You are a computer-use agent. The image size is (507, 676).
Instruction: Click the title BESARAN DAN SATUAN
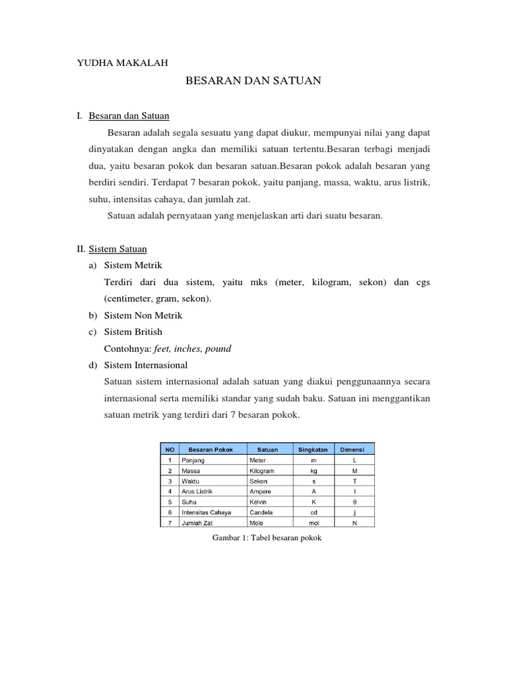pyautogui.click(x=253, y=81)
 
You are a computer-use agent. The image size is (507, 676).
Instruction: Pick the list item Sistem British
pyautogui.click(x=133, y=331)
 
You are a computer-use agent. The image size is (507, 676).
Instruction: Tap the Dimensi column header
pyautogui.click(x=354, y=450)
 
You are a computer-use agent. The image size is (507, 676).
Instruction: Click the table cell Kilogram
pyautogui.click(x=261, y=471)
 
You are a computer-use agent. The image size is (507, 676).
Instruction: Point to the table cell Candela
pyautogui.click(x=261, y=512)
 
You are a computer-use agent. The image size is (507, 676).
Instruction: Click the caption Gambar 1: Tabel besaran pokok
pyautogui.click(x=266, y=537)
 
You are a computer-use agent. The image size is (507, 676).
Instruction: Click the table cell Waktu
pyautogui.click(x=190, y=481)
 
